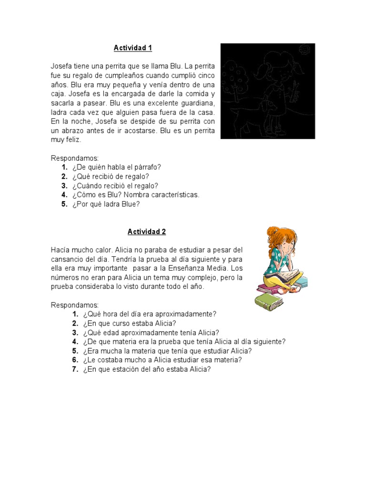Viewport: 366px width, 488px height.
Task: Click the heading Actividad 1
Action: pyautogui.click(x=132, y=48)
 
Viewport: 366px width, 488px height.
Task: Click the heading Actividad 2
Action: pyautogui.click(x=146, y=232)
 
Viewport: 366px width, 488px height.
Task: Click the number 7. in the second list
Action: pyautogui.click(x=75, y=369)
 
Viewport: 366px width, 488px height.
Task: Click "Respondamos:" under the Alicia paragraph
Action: pyautogui.click(x=74, y=305)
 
